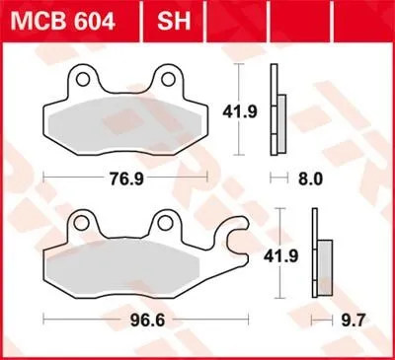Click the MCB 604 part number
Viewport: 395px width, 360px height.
click(62, 21)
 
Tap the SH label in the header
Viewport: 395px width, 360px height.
click(174, 21)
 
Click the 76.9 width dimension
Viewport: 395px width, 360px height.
click(126, 180)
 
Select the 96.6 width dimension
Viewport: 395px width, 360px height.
click(147, 321)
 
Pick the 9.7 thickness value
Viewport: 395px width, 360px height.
click(353, 321)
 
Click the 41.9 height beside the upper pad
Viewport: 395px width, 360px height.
click(240, 112)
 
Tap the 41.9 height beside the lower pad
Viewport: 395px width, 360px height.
click(280, 256)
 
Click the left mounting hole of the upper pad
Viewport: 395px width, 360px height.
click(82, 80)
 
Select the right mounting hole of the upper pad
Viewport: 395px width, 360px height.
click(169, 79)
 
